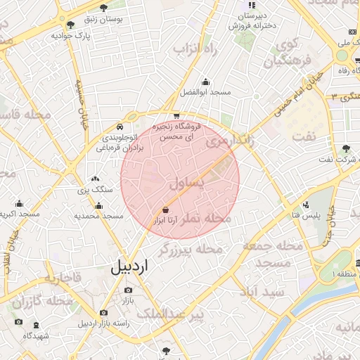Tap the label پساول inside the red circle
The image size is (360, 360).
186,184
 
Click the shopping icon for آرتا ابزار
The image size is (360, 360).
165,210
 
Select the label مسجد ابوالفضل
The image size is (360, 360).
205,92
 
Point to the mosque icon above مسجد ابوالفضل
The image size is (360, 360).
205,82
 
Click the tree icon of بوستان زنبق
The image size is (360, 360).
104,8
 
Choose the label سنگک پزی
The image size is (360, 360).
95,190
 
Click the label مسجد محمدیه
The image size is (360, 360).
98,216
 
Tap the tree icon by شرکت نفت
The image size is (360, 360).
345,149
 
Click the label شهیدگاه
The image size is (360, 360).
36,335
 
